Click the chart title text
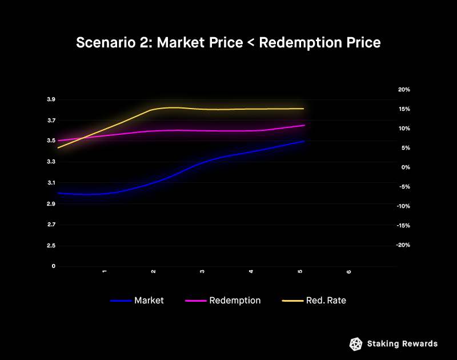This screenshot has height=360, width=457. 228,43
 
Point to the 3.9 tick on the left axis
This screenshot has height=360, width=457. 51,99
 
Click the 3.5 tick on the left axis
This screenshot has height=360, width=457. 51,141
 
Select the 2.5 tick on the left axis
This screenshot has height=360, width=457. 51,246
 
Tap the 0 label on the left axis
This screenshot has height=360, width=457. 53,266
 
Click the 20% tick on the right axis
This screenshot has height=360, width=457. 404,90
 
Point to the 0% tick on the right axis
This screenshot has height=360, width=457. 405,167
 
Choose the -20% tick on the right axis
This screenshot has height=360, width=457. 403,245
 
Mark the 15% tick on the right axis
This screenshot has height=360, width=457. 404,109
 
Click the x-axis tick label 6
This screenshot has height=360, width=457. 349,272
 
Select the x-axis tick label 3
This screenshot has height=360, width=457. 202,272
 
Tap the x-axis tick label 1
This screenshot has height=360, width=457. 105,272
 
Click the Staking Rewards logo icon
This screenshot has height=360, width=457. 355,343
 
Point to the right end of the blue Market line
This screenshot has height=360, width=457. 304,141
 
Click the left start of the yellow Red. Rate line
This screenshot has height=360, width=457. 58,148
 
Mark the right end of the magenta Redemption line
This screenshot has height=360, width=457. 304,125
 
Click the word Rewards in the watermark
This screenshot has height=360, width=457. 420,343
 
